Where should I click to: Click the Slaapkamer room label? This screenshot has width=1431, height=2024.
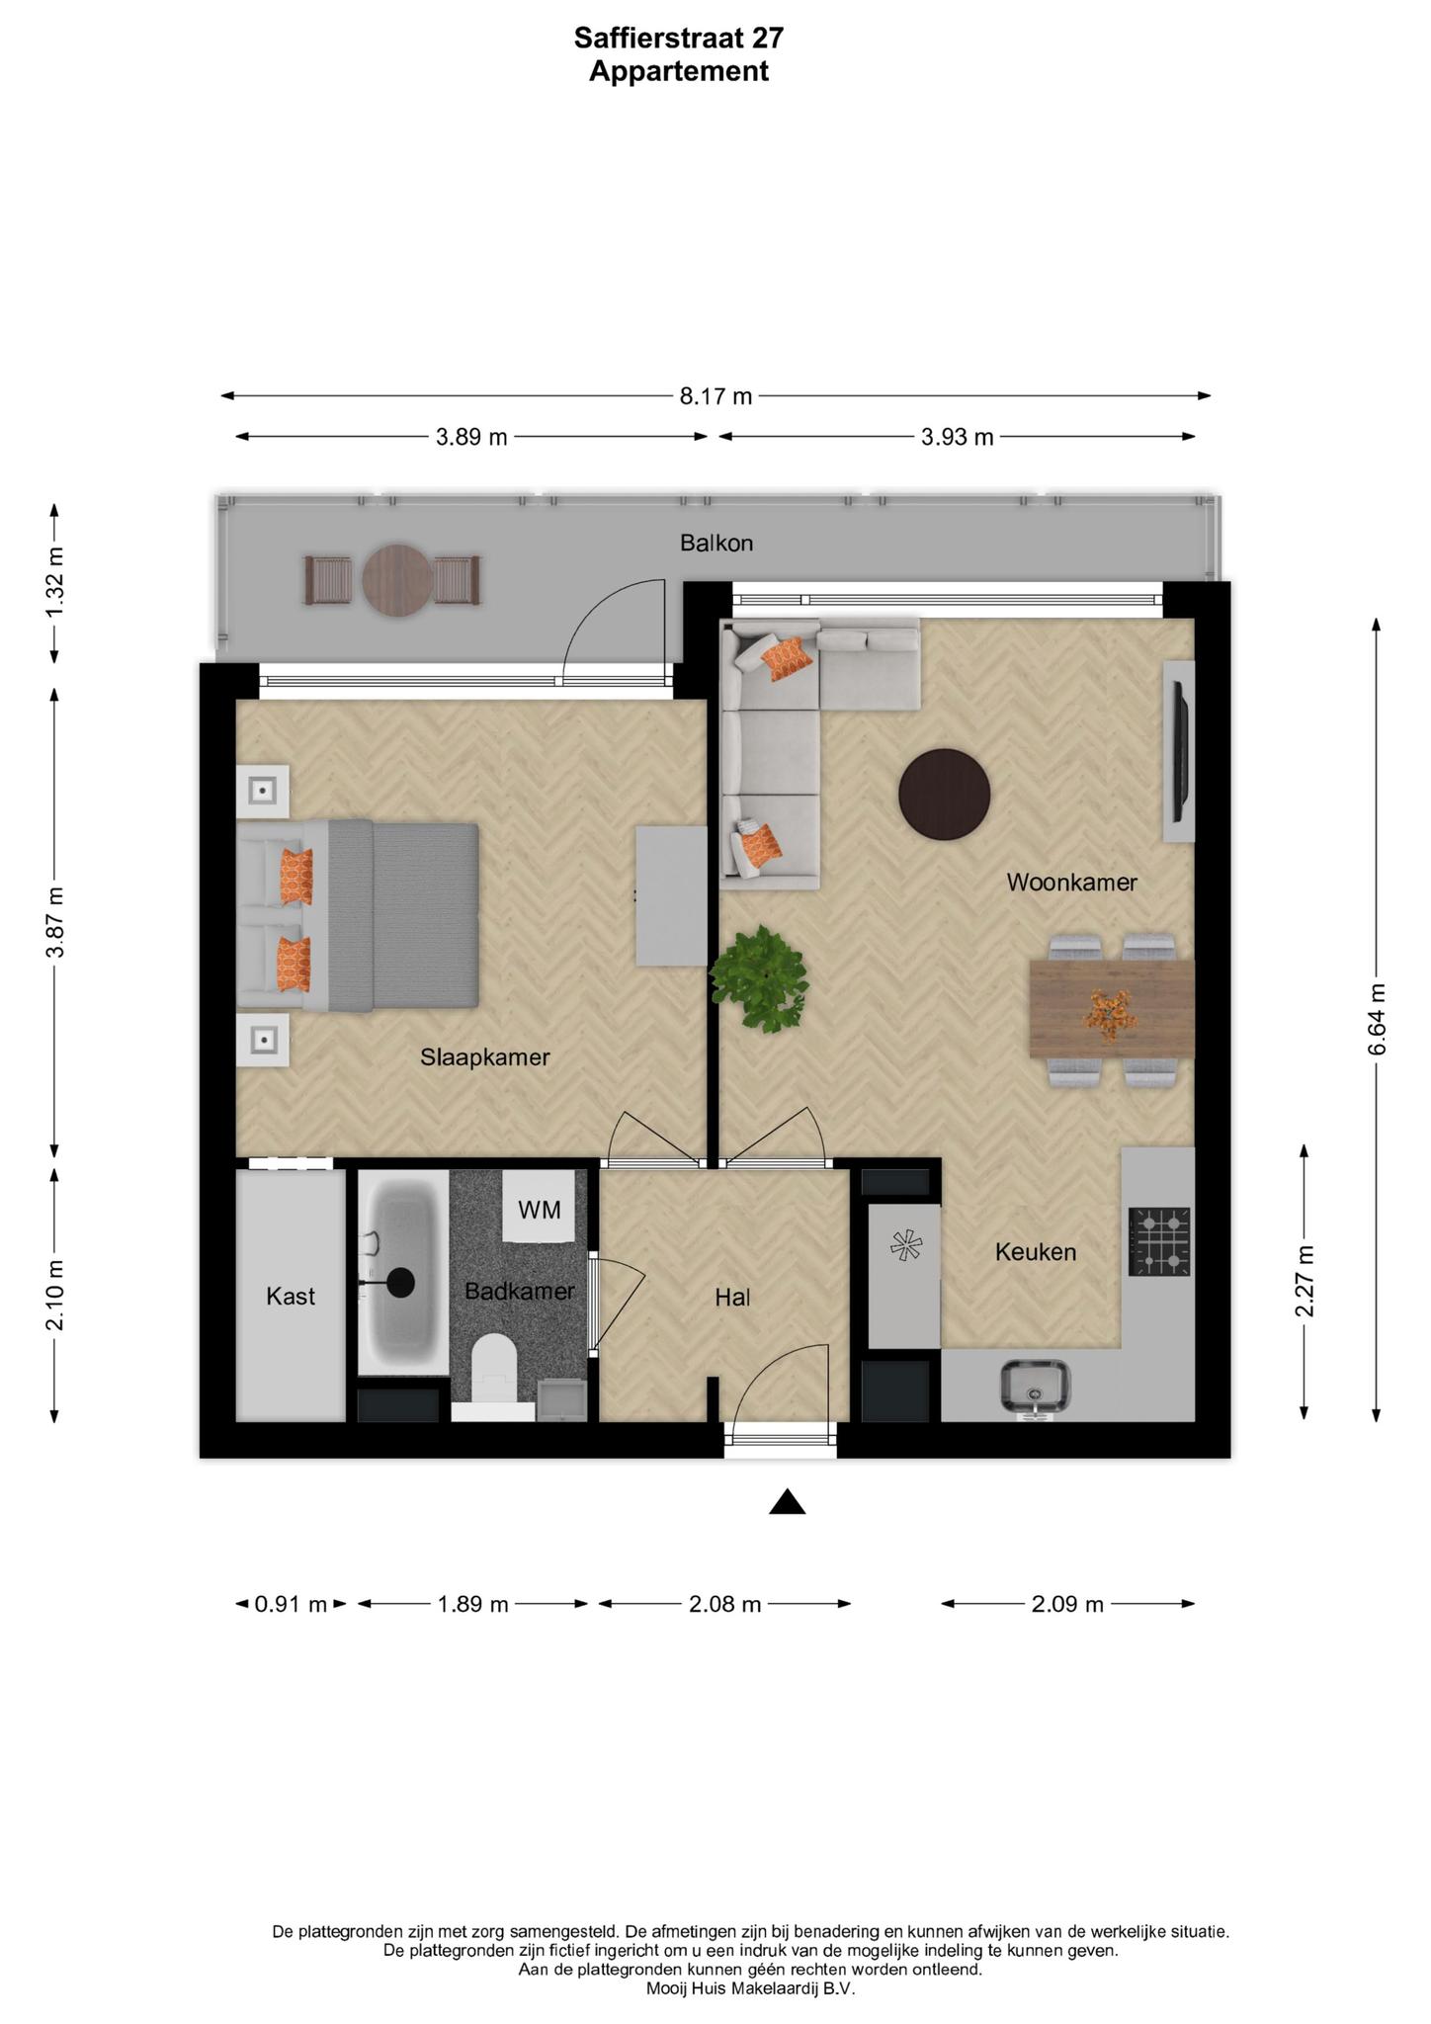coord(484,1057)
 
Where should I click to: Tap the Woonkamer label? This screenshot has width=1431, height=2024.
coord(1071,883)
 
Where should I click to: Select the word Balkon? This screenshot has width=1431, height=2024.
coord(716,543)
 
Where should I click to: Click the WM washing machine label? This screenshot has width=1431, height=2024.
coord(540,1210)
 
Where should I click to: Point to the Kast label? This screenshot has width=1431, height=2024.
coord(291,1296)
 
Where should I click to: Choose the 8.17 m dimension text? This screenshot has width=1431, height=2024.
coord(715,397)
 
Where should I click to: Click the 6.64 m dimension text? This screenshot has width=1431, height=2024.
coord(1377,1019)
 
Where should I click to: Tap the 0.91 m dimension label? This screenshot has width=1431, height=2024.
coord(291,1604)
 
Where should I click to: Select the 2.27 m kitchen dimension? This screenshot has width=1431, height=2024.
coord(1305,1281)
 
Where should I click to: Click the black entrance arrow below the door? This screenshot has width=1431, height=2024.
coord(788,1503)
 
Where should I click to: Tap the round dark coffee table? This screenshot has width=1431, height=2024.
coord(944,795)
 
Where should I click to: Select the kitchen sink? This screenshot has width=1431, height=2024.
coord(1035,1387)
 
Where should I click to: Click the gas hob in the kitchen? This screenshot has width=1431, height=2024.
coord(1159,1242)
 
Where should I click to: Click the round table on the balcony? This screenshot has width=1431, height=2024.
coord(397,581)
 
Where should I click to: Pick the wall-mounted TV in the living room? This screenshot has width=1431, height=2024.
coord(1178,752)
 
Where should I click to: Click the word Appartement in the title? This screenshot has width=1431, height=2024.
coord(679,72)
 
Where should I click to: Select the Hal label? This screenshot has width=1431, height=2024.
coord(732,1298)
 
